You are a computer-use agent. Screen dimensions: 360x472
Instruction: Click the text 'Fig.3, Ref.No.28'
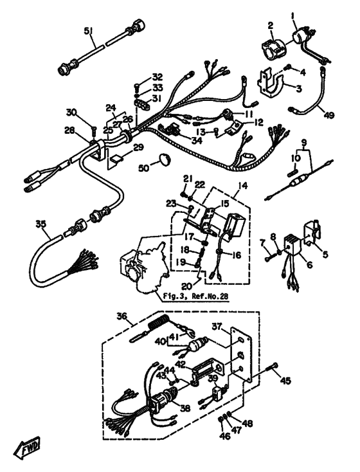(x=195, y=296)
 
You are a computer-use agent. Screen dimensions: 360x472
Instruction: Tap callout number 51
(x=88, y=32)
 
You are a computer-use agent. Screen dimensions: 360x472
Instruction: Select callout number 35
(x=40, y=224)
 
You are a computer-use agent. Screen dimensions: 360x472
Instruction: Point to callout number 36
(x=122, y=316)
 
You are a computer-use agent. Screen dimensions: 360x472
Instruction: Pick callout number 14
(x=243, y=186)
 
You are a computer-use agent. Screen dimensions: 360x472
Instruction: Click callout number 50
(x=144, y=168)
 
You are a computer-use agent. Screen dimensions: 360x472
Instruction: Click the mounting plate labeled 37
(x=241, y=355)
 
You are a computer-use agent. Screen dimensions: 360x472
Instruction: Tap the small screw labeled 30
(x=94, y=130)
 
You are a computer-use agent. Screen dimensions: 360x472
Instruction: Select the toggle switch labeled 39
(x=218, y=393)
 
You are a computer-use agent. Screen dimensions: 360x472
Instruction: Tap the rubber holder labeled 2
(x=273, y=47)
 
